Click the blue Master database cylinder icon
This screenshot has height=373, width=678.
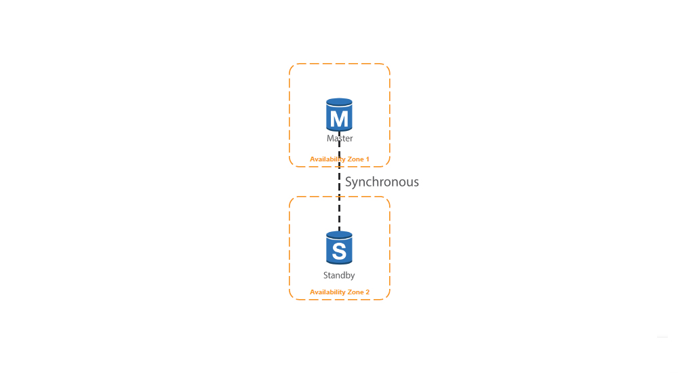[339, 115]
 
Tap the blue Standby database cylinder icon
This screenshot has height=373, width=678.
[339, 248]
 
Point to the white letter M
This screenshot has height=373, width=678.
[339, 119]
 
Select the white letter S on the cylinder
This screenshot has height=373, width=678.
[339, 251]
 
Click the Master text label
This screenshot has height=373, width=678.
[340, 138]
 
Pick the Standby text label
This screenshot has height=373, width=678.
[339, 275]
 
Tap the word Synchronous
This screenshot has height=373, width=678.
[382, 182]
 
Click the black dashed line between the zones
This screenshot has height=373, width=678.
[339, 181]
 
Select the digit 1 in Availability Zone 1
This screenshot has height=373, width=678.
[367, 159]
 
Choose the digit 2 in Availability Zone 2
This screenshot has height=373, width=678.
[367, 292]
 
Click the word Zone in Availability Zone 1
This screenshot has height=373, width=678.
[356, 159]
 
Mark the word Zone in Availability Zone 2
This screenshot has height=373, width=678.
[356, 292]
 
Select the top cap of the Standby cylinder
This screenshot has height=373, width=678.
[339, 235]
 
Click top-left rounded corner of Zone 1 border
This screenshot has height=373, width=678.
[292, 66]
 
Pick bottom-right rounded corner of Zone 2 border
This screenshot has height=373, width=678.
[387, 296]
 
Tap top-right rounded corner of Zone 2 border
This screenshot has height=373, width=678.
[387, 199]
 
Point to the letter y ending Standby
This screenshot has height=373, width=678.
[353, 277]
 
